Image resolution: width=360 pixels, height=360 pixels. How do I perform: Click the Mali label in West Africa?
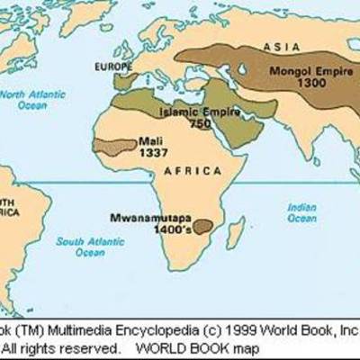click(148, 141)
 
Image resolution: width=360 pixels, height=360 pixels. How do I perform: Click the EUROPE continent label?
click(110, 67)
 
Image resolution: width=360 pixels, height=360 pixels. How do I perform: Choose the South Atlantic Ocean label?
click(85, 247)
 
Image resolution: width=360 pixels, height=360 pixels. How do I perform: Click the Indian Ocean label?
click(301, 211)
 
